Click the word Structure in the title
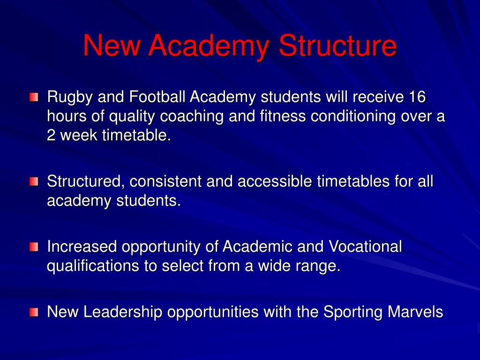click(337, 46)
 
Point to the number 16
click(417, 97)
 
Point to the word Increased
click(83, 247)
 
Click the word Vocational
click(366, 247)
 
